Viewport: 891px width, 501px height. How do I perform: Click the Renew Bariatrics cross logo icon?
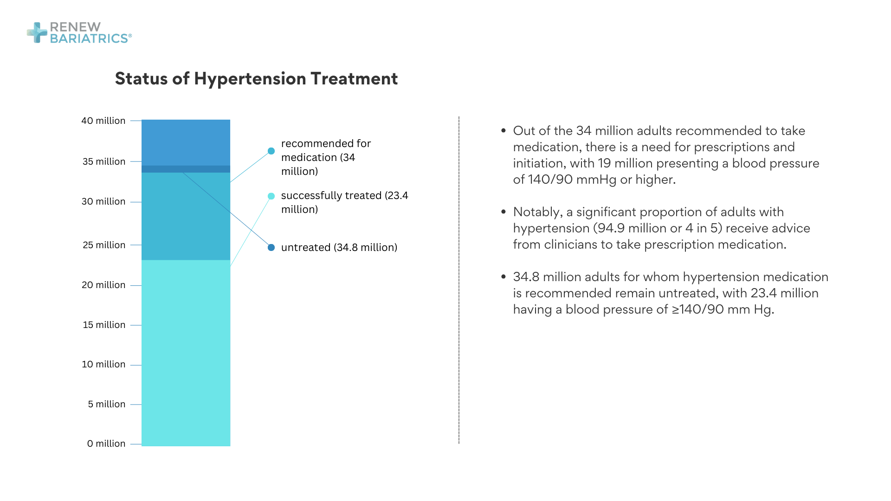click(x=37, y=32)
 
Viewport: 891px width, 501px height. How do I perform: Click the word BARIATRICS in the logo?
click(x=89, y=39)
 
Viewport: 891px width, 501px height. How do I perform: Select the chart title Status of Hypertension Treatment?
click(x=256, y=79)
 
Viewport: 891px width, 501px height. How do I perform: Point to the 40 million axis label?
click(x=103, y=121)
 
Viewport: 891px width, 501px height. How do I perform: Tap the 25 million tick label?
click(x=104, y=245)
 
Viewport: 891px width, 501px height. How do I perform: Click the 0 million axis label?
click(x=106, y=443)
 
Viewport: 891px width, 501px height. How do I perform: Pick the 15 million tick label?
click(x=104, y=325)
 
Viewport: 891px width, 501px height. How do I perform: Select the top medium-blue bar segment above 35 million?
click(x=186, y=142)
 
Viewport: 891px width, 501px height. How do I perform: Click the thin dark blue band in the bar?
click(x=186, y=169)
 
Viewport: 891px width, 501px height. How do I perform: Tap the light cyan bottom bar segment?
click(x=186, y=353)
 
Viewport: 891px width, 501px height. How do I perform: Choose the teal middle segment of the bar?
click(x=186, y=216)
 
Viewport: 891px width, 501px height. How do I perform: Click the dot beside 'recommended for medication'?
click(x=271, y=151)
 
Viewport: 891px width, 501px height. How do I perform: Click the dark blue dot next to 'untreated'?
click(x=271, y=247)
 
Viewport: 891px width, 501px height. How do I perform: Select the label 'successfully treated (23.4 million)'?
click(x=344, y=202)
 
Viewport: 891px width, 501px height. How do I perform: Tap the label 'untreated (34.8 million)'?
click(x=339, y=247)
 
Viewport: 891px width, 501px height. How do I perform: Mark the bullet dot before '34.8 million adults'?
click(x=504, y=277)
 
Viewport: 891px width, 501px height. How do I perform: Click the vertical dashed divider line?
click(x=459, y=278)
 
